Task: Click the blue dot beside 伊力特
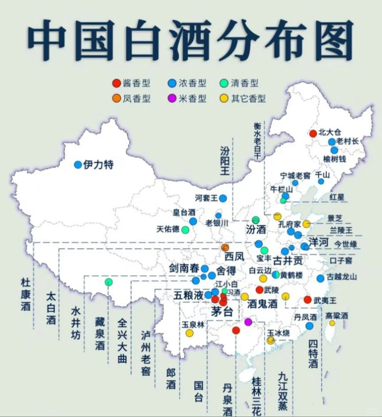tap(78, 165)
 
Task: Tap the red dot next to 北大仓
tap(313, 133)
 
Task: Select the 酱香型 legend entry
tap(131, 83)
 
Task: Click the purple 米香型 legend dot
tap(172, 99)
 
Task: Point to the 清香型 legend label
tap(244, 83)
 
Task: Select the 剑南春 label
tap(184, 268)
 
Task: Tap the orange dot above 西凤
tap(225, 247)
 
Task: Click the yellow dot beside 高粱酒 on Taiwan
tap(332, 323)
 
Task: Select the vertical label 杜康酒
tap(26, 294)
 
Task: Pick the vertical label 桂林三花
tap(256, 396)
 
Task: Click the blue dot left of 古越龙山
tap(320, 278)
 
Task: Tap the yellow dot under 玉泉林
tap(189, 333)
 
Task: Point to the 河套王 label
tap(206, 198)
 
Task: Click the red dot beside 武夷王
tap(308, 300)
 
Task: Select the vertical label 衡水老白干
tap(258, 142)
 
